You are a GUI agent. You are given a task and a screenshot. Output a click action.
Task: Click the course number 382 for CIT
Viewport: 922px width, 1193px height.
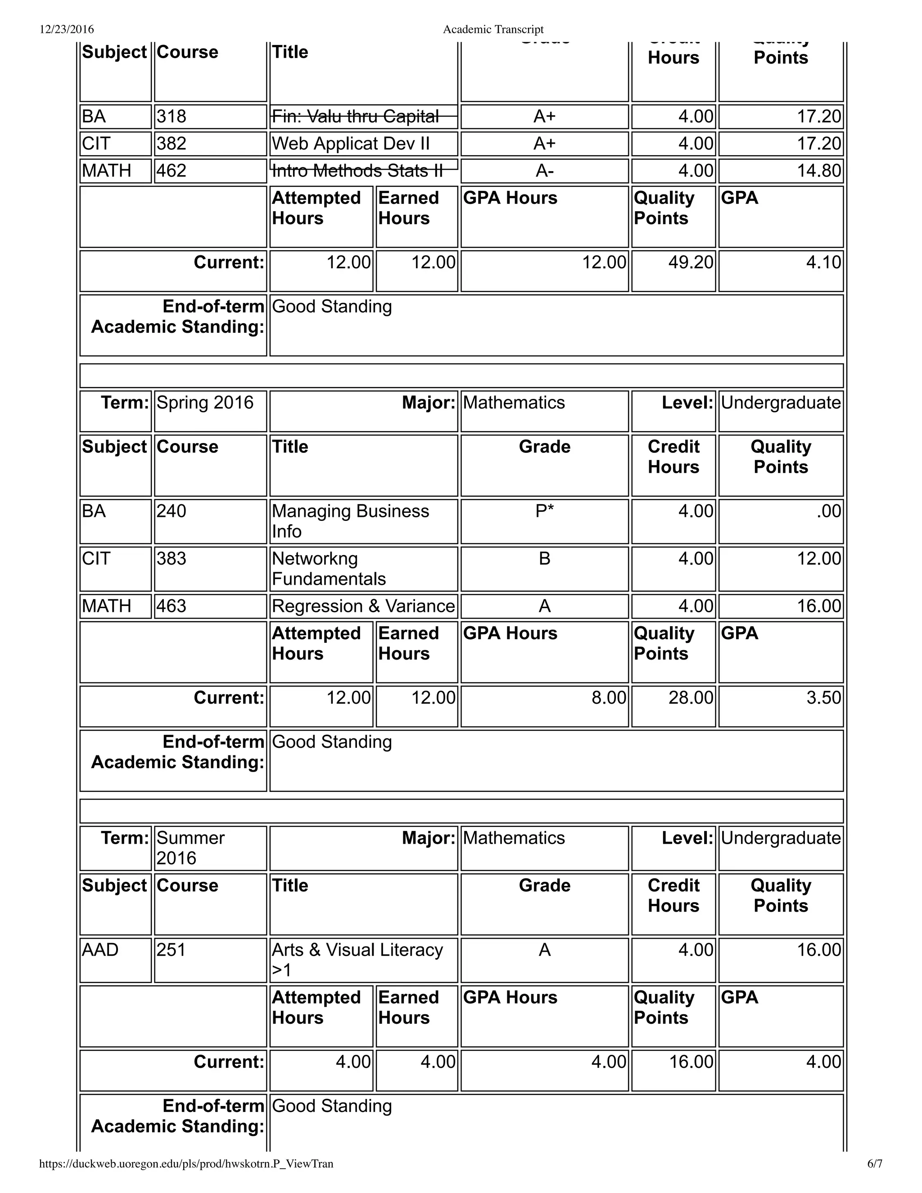pyautogui.click(x=172, y=144)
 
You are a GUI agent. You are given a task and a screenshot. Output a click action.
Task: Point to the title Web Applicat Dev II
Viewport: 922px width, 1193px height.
pyautogui.click(x=351, y=144)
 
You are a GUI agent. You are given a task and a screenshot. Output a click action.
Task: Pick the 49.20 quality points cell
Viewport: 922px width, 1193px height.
pyautogui.click(x=691, y=262)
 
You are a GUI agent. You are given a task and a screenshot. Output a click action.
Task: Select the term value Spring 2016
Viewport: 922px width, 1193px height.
pyautogui.click(x=205, y=402)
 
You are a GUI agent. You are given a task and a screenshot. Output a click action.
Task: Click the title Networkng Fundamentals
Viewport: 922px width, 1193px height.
pyautogui.click(x=328, y=569)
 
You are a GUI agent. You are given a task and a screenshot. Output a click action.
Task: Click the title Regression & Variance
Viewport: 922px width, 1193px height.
pyautogui.click(x=363, y=606)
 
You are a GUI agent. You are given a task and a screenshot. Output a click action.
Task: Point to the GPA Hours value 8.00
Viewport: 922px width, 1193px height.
pyautogui.click(x=609, y=697)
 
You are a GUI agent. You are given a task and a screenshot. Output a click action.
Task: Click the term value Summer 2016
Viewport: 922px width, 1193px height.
pyautogui.click(x=190, y=848)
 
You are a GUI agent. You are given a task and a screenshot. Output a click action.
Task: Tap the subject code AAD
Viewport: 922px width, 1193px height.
pyautogui.click(x=99, y=950)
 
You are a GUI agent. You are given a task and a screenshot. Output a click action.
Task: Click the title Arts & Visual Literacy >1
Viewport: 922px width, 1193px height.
pyautogui.click(x=357, y=960)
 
